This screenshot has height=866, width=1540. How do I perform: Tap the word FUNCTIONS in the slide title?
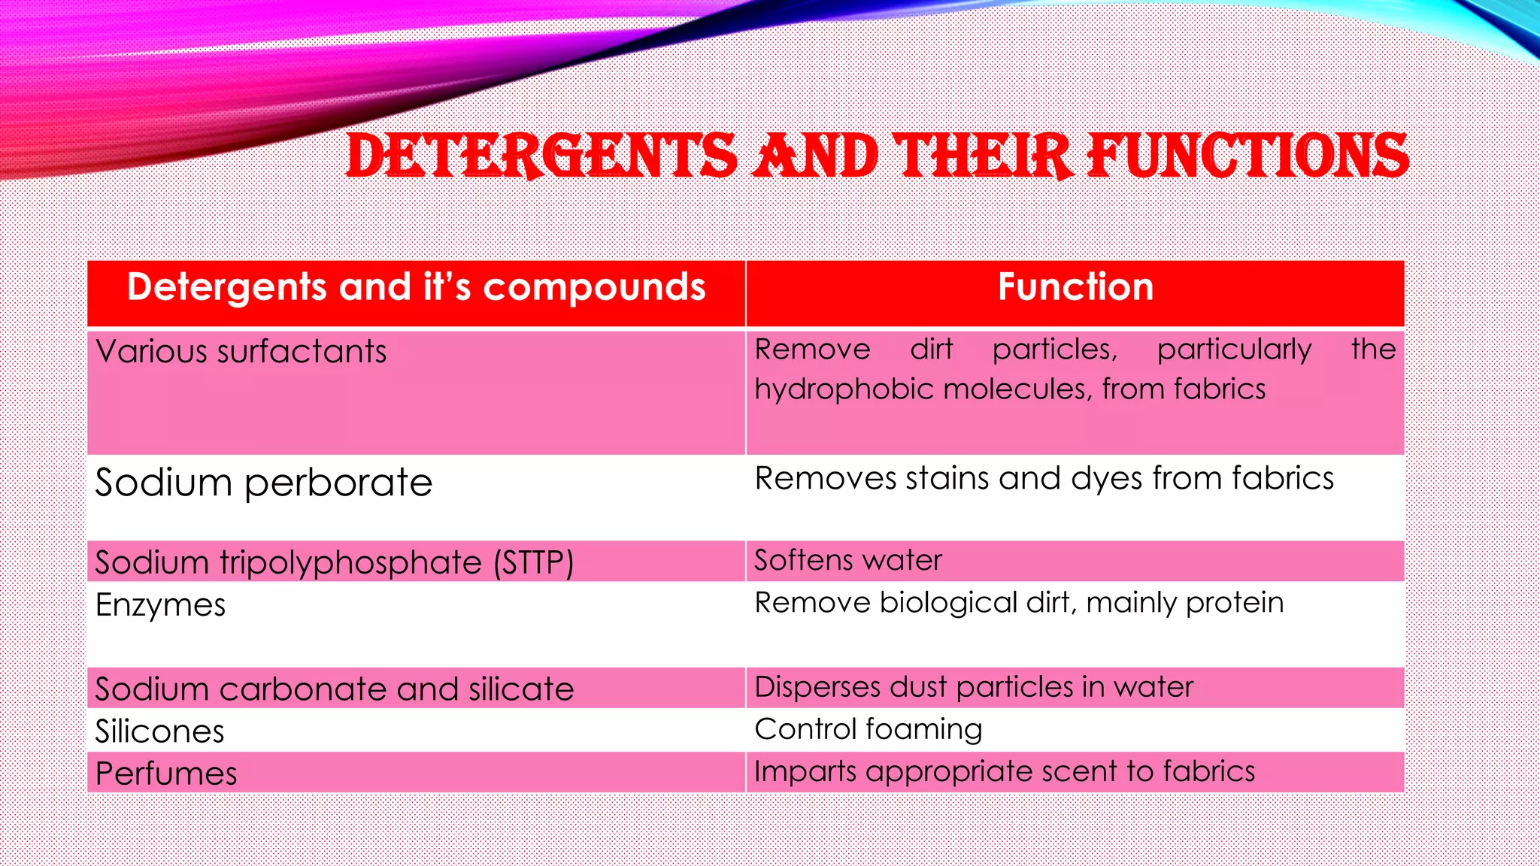click(1247, 156)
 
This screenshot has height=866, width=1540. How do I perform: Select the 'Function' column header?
click(1075, 287)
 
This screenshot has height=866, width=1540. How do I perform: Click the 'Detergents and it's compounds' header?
click(416, 287)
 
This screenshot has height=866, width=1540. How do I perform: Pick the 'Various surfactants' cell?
click(241, 352)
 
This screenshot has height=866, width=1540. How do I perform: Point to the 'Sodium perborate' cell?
click(263, 483)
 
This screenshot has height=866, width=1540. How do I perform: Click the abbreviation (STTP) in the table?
click(533, 563)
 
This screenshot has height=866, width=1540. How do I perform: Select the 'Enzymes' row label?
click(160, 605)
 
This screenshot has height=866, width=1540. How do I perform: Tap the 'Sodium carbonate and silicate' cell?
click(334, 689)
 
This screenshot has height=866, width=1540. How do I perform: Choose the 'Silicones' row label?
click(159, 731)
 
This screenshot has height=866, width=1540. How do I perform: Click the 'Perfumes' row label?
click(165, 774)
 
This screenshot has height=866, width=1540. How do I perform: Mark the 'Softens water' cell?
click(847, 561)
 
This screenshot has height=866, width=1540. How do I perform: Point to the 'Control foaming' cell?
click(868, 729)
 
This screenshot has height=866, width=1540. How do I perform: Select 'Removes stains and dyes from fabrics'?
click(1044, 479)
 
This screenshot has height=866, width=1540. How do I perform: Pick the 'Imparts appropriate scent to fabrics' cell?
click(1004, 771)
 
